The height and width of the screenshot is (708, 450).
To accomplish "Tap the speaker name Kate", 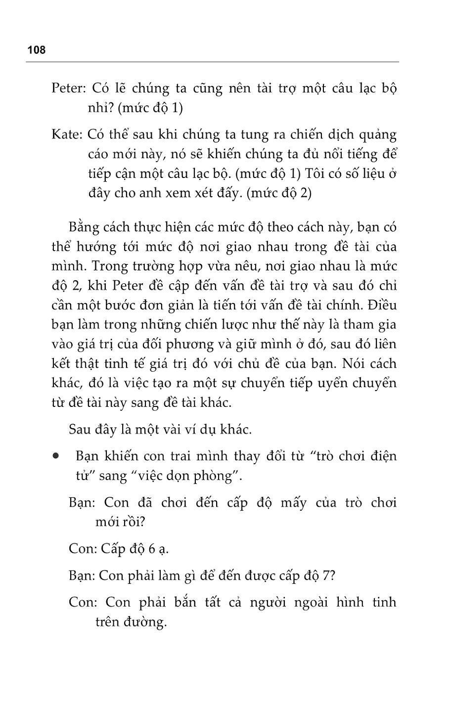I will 66,134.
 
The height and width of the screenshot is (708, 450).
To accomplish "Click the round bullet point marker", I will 58,455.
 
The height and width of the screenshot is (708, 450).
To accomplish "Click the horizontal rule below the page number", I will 213,62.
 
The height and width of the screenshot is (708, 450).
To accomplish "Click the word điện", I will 382,455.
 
